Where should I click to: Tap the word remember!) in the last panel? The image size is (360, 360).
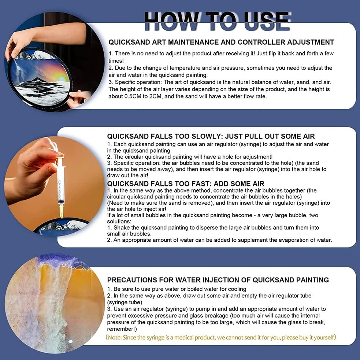122,329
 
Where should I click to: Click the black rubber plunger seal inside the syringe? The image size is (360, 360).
61,201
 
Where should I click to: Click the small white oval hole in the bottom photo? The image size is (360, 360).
70,342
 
